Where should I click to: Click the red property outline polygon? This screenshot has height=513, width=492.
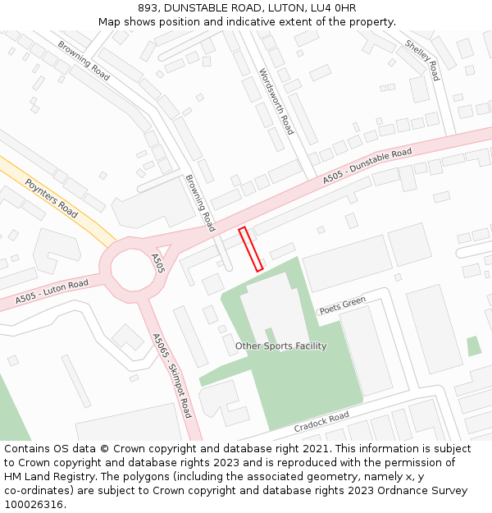pos(250,250)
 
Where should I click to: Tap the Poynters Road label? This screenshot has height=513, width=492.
pos(51,198)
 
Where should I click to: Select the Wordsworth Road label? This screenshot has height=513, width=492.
pos(276,102)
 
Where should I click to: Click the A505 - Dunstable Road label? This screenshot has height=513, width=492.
pos(367,167)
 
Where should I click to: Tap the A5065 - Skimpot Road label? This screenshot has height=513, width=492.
pos(172,374)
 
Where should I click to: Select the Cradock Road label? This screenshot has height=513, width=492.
pos(321,423)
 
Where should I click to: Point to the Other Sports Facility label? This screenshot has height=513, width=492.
pos(280,346)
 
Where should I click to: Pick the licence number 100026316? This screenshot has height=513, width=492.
pos(34,505)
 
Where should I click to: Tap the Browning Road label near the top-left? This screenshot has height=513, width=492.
pos(84,61)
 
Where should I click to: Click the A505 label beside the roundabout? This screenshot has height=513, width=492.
pos(158,263)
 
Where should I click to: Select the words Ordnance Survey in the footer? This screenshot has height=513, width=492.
pos(427,491)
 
